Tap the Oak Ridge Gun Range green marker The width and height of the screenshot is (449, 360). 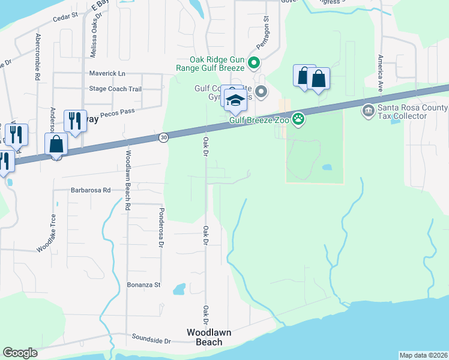[x=254, y=61]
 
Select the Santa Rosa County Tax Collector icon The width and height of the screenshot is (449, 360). [x=367, y=110]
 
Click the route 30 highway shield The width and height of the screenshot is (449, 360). [x=164, y=137]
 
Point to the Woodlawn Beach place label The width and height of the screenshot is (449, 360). [x=209, y=337]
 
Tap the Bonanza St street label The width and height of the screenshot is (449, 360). [x=144, y=284]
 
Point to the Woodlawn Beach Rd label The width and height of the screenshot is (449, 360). [x=128, y=180]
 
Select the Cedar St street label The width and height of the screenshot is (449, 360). [x=65, y=17]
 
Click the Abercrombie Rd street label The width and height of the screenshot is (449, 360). [x=38, y=57]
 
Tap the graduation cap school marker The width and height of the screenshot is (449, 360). [x=235, y=100]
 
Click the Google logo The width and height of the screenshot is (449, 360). [x=20, y=353]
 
